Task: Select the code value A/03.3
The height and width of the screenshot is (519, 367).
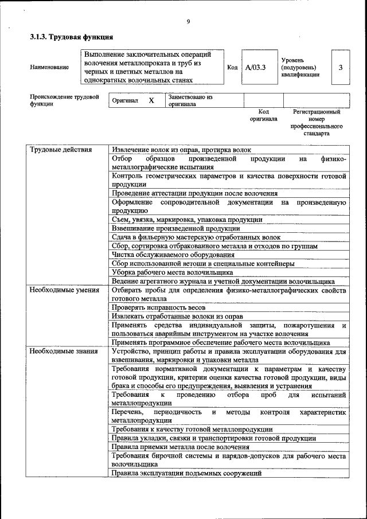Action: [255, 67]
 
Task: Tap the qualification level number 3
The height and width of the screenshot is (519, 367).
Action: [341, 67]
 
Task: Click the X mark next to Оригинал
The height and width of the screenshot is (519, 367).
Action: [151, 100]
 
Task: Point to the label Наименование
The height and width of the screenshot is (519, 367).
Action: [49, 67]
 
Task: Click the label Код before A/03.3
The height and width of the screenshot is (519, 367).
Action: [232, 67]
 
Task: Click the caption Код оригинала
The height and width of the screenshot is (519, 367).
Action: [263, 115]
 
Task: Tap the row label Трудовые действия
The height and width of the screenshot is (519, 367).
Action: [61, 149]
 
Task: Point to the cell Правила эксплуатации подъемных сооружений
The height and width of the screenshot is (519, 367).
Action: [186, 474]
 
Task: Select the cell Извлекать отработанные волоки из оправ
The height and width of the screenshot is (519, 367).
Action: [177, 317]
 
